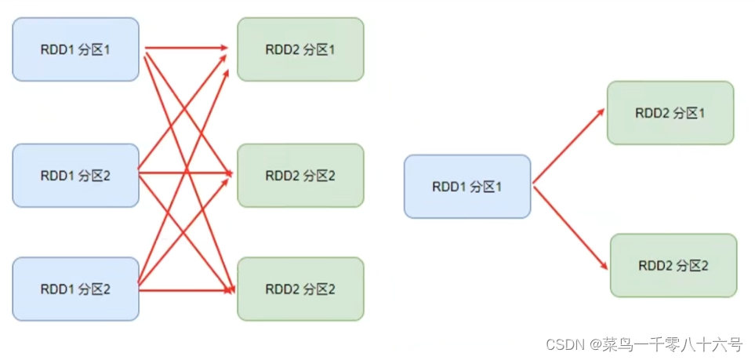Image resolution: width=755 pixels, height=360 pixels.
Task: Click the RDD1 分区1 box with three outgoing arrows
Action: [75, 49]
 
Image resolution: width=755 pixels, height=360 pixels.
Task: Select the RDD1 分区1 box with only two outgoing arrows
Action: [467, 187]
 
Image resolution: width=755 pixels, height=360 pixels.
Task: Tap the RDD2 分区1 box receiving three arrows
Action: [300, 49]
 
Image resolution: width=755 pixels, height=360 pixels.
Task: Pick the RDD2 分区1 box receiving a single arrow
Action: [670, 113]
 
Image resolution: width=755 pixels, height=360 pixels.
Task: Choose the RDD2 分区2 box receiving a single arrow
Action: [673, 266]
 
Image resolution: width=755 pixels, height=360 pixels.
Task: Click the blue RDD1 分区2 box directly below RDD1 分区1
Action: [75, 176]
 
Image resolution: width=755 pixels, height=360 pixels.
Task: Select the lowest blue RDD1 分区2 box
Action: [75, 289]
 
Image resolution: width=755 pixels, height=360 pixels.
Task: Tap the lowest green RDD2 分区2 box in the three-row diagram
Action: [300, 289]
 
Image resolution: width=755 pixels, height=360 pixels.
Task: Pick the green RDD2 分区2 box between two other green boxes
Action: [300, 176]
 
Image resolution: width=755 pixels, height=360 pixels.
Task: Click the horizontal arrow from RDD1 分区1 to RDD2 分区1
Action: [186, 48]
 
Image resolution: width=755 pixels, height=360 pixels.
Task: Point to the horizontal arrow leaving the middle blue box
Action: [185, 172]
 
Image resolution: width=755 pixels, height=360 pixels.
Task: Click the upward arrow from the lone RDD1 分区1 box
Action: [568, 146]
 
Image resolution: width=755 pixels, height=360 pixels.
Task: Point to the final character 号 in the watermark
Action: [736, 344]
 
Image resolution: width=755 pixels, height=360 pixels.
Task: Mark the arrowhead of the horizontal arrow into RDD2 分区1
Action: [224, 48]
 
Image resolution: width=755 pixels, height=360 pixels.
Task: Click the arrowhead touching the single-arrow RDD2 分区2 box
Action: [603, 265]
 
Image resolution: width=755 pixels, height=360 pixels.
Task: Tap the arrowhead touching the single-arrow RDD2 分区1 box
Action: [601, 112]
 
